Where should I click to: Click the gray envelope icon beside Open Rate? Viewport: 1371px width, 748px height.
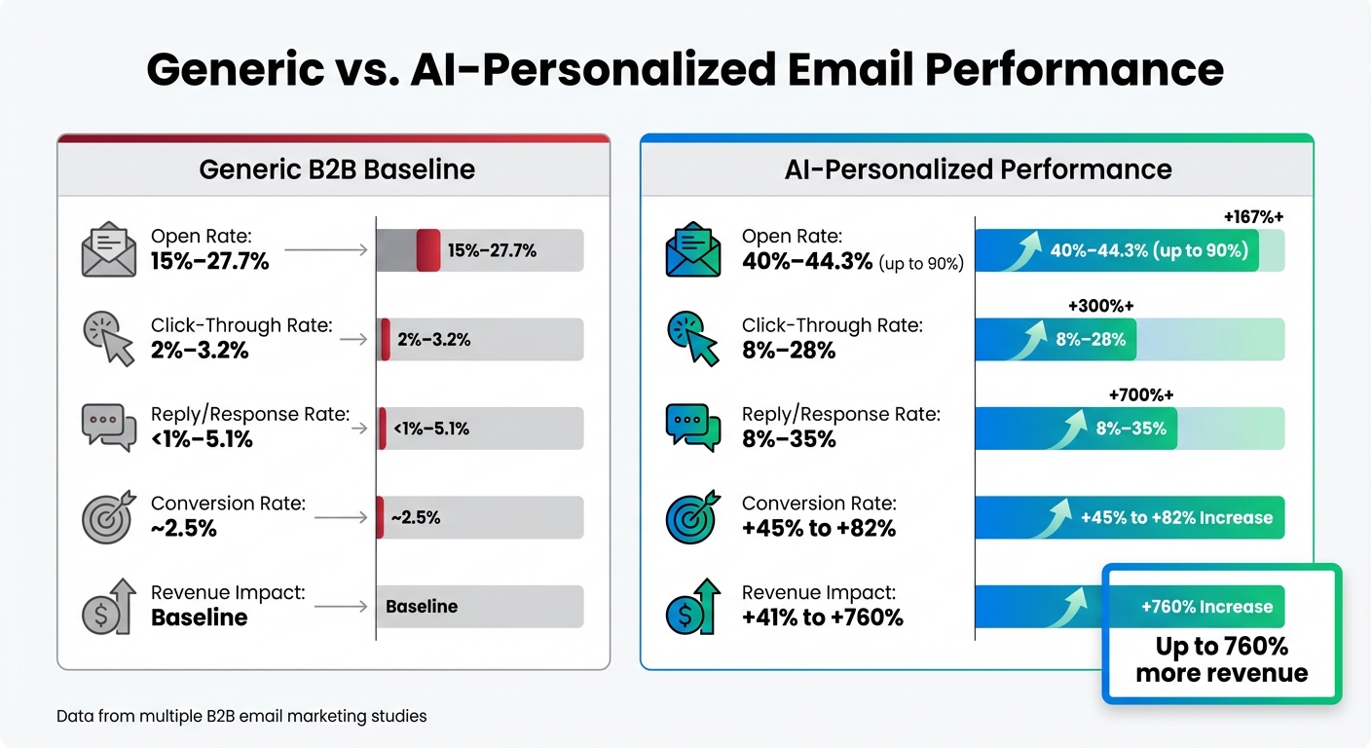coord(108,249)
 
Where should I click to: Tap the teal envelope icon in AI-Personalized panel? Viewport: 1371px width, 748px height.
coord(693,249)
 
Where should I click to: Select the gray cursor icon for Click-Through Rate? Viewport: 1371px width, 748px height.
coord(108,338)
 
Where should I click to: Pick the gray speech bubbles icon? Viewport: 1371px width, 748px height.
coord(108,427)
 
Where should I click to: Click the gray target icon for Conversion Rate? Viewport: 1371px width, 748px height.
coord(108,516)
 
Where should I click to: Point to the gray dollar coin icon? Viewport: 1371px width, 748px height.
coord(108,606)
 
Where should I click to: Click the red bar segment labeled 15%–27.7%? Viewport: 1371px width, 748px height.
coord(428,250)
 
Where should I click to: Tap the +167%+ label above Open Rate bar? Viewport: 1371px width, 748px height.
coord(1253,217)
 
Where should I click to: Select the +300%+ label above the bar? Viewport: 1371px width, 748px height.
coord(1100,306)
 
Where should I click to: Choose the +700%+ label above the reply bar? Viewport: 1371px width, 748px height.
coord(1141,394)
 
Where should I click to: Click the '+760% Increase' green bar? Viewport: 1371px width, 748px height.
coord(1206,607)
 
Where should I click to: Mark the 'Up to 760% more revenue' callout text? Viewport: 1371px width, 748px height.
coord(1221,659)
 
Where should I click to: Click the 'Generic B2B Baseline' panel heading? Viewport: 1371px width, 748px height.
coord(337,169)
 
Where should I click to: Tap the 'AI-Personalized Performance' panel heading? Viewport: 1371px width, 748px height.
coord(978,169)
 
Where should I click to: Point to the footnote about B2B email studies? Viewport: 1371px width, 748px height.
coord(241,716)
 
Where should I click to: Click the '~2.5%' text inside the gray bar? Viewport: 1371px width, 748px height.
coord(416,517)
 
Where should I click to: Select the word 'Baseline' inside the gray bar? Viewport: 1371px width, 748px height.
coord(422,606)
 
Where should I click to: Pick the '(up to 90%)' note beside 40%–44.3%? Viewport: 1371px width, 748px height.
coord(921,264)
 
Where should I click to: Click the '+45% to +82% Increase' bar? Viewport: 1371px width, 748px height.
coord(1176,517)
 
